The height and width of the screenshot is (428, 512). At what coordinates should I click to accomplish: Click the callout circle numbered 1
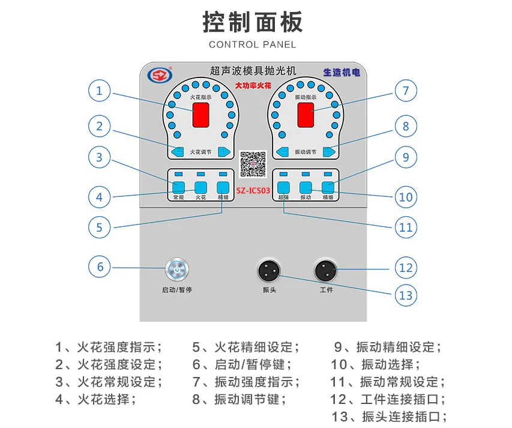pyautogui.click(x=100, y=91)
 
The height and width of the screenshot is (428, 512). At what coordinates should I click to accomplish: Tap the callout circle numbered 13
pyautogui.click(x=406, y=295)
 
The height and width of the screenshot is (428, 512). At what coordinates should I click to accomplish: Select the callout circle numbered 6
pyautogui.click(x=100, y=267)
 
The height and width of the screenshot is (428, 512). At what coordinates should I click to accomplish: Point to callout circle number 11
pyautogui.click(x=406, y=228)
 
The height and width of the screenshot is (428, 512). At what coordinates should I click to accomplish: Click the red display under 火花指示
pyautogui.click(x=200, y=114)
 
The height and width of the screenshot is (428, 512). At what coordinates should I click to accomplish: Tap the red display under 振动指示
pyautogui.click(x=306, y=114)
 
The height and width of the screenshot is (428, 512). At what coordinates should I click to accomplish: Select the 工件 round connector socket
pyautogui.click(x=326, y=270)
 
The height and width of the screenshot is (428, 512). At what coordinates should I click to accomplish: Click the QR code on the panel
pyautogui.click(x=253, y=163)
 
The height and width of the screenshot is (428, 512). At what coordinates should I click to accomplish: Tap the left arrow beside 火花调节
pyautogui.click(x=176, y=152)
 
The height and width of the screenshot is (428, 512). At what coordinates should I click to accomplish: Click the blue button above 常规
pyautogui.click(x=178, y=186)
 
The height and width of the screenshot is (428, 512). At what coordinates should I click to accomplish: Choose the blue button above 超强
pyautogui.click(x=284, y=186)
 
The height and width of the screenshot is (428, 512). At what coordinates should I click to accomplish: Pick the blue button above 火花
pyautogui.click(x=200, y=186)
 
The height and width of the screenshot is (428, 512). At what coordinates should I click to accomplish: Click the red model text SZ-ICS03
pyautogui.click(x=253, y=191)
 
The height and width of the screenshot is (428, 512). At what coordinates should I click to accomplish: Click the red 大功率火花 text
pyautogui.click(x=253, y=86)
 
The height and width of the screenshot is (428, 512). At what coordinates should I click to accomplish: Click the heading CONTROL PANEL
pyautogui.click(x=253, y=45)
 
